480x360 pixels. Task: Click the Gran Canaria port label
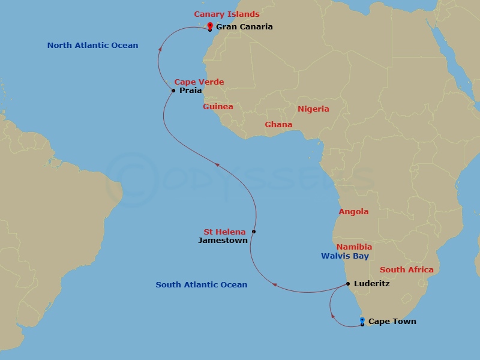[x=244, y=26]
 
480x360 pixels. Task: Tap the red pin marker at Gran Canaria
[x=210, y=26]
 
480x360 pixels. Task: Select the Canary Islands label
[x=227, y=14]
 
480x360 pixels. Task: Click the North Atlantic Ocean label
[x=92, y=45]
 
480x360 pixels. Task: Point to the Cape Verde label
[x=199, y=82]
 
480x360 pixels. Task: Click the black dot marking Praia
[x=173, y=91]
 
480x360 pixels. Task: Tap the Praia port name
[x=190, y=91]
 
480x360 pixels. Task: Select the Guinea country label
[x=218, y=106]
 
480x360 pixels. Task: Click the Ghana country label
[x=278, y=124]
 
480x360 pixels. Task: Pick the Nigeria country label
[x=313, y=109]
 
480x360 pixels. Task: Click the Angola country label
[x=353, y=211]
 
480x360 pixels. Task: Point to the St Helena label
[x=224, y=232]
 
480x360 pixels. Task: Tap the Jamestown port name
[x=223, y=240]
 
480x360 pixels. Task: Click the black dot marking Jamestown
[x=254, y=232]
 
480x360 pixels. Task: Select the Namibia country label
[x=354, y=247]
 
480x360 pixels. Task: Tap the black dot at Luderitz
[x=348, y=284]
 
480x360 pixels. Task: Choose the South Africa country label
[x=406, y=269]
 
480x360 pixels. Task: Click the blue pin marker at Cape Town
[x=362, y=320]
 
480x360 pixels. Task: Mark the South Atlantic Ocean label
[x=202, y=284]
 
